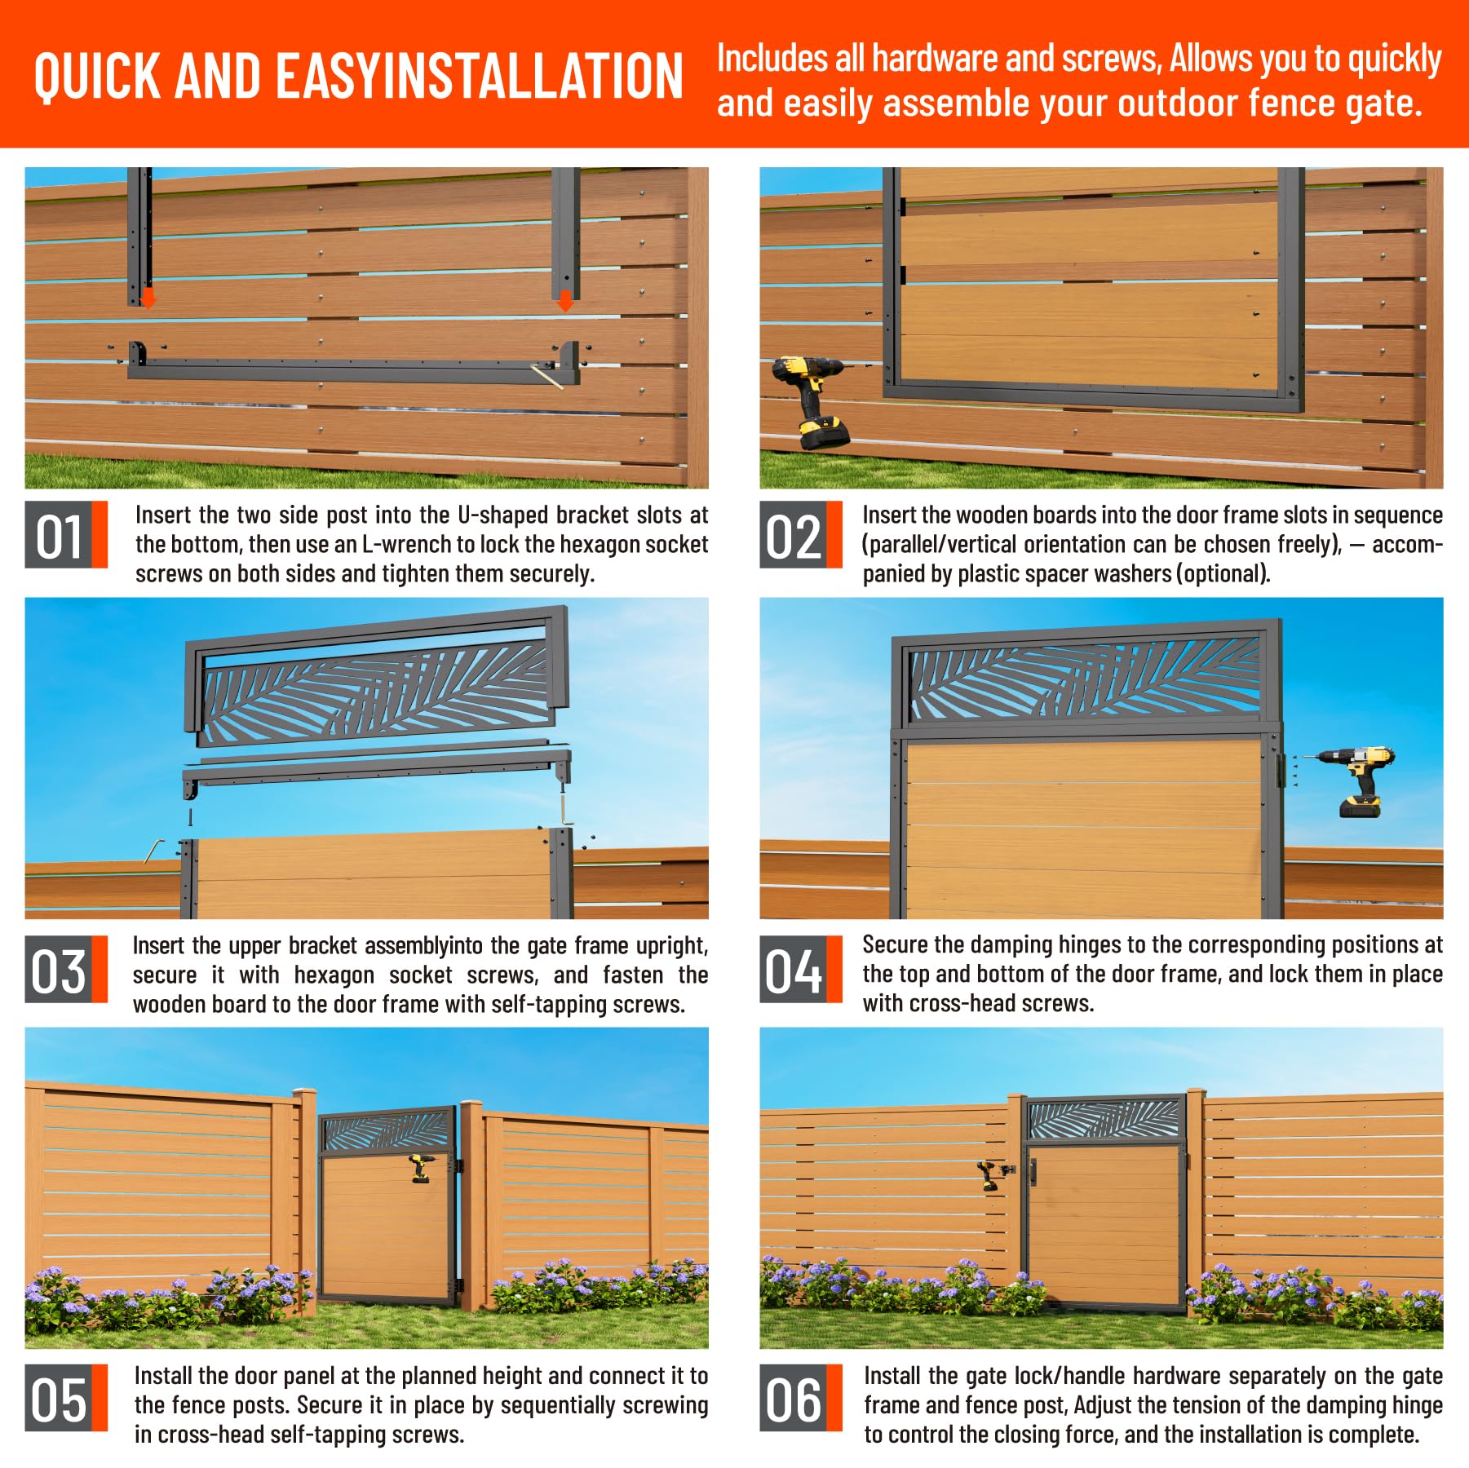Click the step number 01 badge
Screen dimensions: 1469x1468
(66, 534)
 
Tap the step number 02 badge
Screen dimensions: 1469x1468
(800, 534)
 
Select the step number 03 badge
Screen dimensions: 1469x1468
(66, 969)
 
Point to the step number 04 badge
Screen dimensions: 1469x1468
(800, 969)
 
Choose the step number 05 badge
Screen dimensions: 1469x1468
(66, 1400)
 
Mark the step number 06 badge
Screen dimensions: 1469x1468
(800, 1400)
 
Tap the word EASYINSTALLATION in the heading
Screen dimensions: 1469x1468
(480, 76)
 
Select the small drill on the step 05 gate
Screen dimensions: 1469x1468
(419, 1169)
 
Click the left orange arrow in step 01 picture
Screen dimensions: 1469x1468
(148, 298)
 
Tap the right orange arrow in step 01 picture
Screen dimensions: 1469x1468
(564, 301)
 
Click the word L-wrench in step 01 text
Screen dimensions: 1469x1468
(396, 545)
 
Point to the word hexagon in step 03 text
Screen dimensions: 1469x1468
(334, 975)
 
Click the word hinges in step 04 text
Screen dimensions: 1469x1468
(1087, 944)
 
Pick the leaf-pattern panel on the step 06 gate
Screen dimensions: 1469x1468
(1103, 1119)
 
